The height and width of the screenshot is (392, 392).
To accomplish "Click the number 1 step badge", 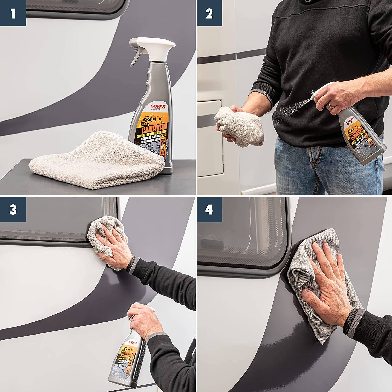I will click(x=13, y=13).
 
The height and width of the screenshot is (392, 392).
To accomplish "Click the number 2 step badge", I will click(x=209, y=13).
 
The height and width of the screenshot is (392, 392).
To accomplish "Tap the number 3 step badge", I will click(x=13, y=210).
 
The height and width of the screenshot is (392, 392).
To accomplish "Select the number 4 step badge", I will click(x=209, y=210).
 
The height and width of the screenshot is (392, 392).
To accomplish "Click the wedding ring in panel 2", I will click(x=331, y=105).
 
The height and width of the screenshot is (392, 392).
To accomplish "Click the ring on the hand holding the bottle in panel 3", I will click(x=134, y=318).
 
